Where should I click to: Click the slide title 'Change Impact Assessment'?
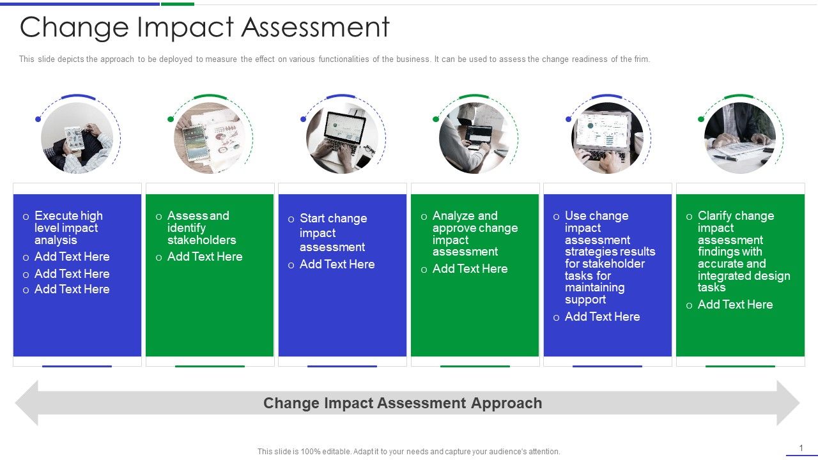pyautogui.click(x=204, y=28)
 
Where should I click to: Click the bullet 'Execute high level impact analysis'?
pyautogui.click(x=68, y=228)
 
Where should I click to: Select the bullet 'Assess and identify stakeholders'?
pyautogui.click(x=201, y=228)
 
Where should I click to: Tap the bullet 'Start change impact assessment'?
pyautogui.click(x=333, y=233)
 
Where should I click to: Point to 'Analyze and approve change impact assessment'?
pyautogui.click(x=474, y=234)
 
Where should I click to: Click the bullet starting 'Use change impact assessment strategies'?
pyautogui.click(x=609, y=257)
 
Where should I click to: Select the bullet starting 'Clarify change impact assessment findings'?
pyautogui.click(x=743, y=251)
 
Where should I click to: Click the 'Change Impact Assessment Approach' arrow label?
pyautogui.click(x=403, y=403)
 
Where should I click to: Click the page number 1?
pyautogui.click(x=801, y=448)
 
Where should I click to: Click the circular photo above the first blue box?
pyautogui.click(x=77, y=138)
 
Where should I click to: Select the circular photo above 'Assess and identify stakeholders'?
pyautogui.click(x=210, y=138)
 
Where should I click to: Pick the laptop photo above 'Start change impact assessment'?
pyautogui.click(x=342, y=138)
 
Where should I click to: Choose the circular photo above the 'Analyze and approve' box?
pyautogui.click(x=475, y=138)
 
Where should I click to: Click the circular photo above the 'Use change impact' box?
pyautogui.click(x=607, y=138)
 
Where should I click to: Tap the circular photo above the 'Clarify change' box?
pyautogui.click(x=740, y=138)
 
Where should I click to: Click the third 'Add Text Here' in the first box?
pyautogui.click(x=72, y=289)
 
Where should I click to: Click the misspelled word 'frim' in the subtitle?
pyautogui.click(x=642, y=59)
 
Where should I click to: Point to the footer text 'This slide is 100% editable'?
pyautogui.click(x=409, y=452)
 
